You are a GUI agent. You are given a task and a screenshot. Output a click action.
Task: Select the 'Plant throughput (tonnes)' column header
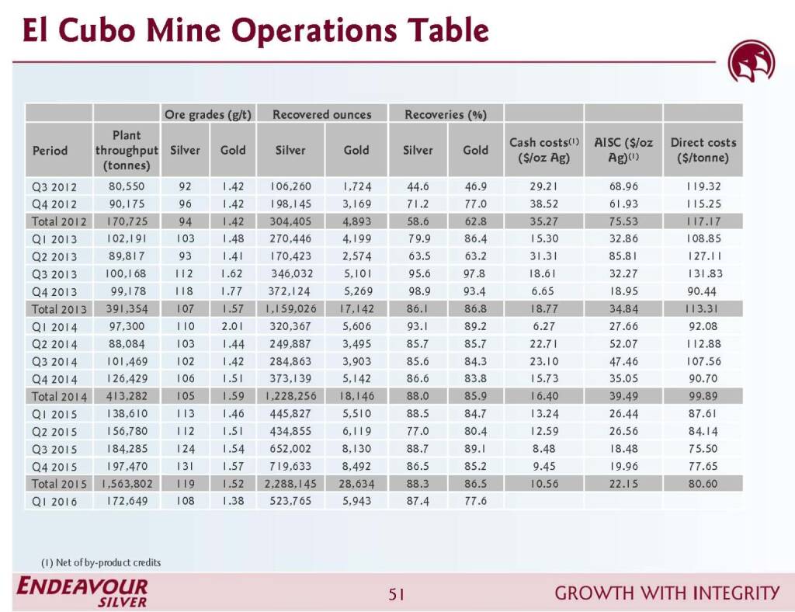coord(127,150)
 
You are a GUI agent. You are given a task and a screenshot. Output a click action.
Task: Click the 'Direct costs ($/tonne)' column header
coord(703,150)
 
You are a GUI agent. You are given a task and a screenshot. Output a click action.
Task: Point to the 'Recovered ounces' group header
coord(321,114)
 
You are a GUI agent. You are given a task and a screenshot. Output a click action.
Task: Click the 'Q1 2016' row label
coord(54,501)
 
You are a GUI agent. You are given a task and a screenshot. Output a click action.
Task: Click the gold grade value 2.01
coord(232,327)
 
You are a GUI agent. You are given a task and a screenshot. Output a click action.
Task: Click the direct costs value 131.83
coord(703,273)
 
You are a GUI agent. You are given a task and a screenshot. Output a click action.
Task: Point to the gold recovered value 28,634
coord(356,483)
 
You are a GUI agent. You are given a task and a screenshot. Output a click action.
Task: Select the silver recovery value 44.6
coord(418,187)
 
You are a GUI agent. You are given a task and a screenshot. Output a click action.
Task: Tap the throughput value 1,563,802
coord(127,483)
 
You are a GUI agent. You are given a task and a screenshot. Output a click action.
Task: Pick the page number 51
coord(397,595)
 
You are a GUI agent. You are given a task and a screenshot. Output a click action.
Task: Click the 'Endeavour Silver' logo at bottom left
coord(82,592)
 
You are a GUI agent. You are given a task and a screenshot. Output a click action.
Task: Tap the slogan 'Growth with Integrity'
coord(667,594)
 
